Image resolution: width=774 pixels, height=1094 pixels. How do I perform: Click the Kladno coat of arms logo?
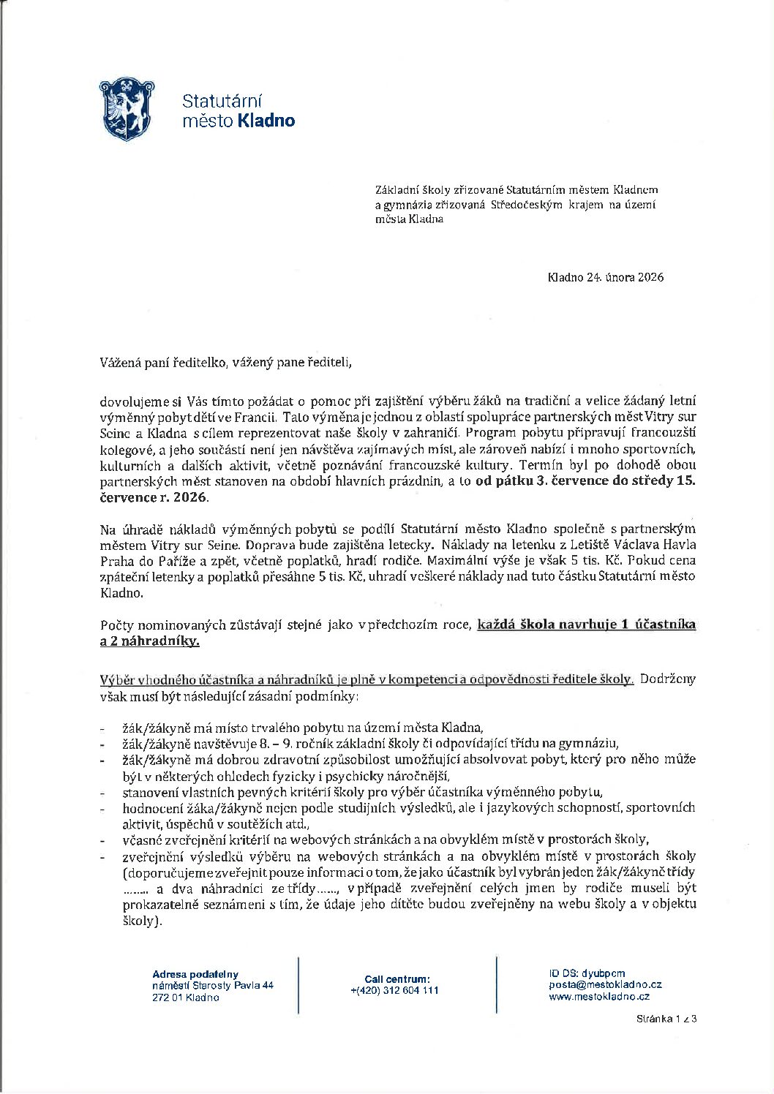[x=125, y=109]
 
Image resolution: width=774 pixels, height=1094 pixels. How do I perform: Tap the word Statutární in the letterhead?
[x=222, y=100]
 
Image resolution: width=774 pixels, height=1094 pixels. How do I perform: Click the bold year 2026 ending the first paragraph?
[x=191, y=498]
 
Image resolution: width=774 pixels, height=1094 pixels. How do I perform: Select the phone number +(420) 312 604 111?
[x=394, y=990]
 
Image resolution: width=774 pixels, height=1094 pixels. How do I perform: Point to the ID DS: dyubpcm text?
[x=586, y=973]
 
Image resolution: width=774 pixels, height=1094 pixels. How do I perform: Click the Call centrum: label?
[x=397, y=979]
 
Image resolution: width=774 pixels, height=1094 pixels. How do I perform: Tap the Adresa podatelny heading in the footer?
[x=195, y=974]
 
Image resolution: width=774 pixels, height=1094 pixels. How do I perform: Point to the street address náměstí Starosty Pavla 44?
[x=212, y=986]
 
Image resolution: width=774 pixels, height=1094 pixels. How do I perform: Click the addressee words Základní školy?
[x=407, y=190]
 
